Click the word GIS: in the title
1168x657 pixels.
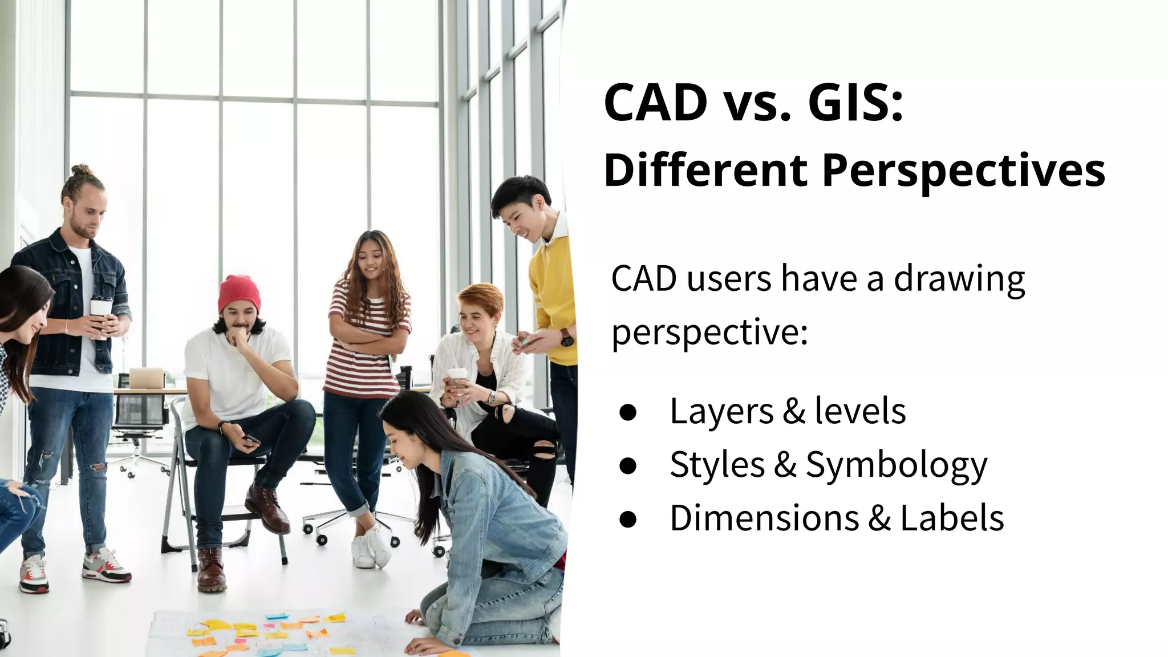click(x=856, y=103)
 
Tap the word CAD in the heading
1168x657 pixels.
click(x=655, y=103)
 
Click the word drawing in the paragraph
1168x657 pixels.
click(x=959, y=279)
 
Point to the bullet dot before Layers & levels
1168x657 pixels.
click(x=627, y=412)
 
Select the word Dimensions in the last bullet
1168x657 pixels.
click(x=764, y=518)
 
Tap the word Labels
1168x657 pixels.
click(x=952, y=518)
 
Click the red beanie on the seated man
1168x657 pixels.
click(x=238, y=293)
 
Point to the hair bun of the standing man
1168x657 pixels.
click(x=82, y=170)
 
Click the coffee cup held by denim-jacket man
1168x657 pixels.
click(x=101, y=311)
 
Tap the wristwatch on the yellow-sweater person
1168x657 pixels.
click(x=566, y=338)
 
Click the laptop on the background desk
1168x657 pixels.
click(x=147, y=378)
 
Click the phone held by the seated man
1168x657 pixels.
click(x=251, y=440)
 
